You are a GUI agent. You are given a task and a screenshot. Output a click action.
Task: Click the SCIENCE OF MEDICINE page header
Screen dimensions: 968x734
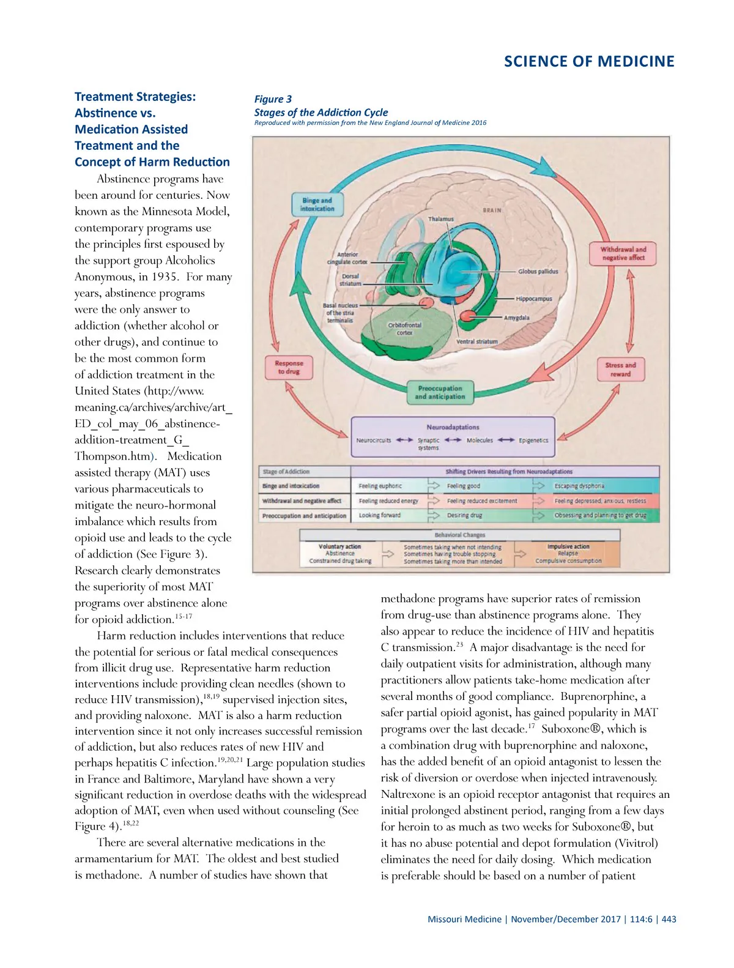click(x=589, y=61)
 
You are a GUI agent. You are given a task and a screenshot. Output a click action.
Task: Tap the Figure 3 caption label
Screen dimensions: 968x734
click(x=273, y=99)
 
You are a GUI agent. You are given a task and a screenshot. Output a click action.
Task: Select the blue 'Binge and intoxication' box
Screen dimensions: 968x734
click(x=317, y=204)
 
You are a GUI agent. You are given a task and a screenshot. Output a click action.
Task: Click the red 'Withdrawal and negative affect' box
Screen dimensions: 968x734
click(x=623, y=253)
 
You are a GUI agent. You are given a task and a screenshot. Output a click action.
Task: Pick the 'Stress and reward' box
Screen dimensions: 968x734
click(x=620, y=370)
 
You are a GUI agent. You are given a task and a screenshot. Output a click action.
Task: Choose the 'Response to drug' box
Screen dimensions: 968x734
click(x=289, y=367)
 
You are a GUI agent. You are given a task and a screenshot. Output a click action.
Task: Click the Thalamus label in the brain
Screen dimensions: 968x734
click(x=441, y=219)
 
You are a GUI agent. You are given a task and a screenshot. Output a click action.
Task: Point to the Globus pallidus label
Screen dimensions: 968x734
click(x=538, y=271)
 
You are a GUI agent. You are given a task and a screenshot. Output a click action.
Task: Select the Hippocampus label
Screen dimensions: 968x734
click(x=534, y=299)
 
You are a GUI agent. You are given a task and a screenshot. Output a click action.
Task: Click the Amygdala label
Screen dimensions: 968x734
click(x=517, y=318)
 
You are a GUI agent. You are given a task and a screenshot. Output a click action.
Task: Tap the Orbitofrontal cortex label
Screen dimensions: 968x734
click(x=404, y=329)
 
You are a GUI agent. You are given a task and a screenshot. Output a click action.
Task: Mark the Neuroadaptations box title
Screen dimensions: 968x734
click(x=453, y=427)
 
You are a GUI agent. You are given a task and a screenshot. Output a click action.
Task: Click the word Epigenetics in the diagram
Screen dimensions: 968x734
click(x=533, y=440)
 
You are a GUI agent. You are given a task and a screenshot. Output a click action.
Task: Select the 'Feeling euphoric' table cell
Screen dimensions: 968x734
click(x=380, y=486)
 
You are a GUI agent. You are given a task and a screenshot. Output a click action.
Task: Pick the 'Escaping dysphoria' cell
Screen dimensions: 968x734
click(x=579, y=486)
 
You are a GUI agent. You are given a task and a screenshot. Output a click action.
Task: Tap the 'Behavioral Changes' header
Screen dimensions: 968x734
click(x=460, y=535)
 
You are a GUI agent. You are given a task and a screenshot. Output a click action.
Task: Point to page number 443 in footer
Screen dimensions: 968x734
click(x=669, y=919)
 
